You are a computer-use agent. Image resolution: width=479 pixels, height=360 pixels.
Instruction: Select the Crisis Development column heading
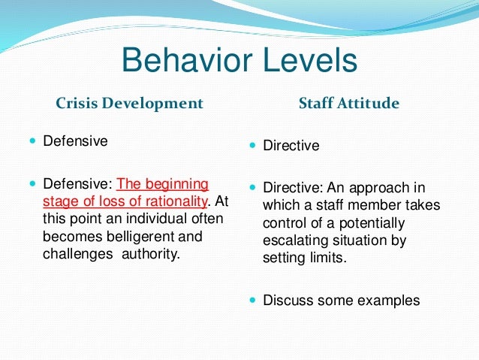coord(130,103)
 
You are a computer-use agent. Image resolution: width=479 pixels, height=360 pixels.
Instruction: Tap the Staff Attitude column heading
coord(349,103)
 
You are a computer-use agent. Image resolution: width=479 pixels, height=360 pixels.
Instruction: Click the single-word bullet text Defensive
coord(75,141)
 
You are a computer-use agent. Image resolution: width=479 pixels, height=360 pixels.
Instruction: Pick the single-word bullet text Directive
coord(291,146)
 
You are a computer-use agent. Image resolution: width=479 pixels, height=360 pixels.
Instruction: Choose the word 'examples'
coord(387,301)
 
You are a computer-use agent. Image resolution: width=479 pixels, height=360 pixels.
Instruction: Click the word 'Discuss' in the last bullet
coord(288,301)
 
